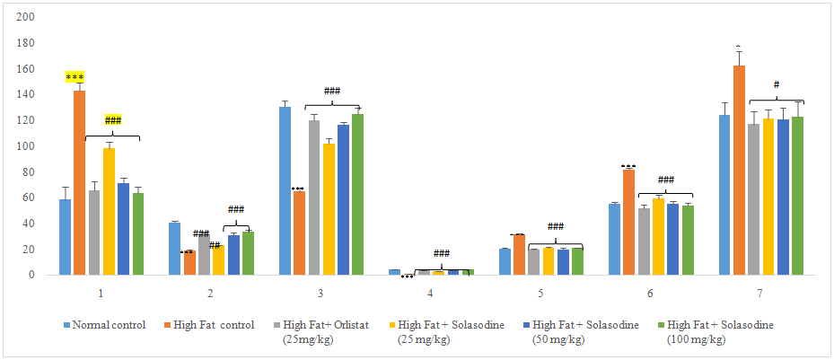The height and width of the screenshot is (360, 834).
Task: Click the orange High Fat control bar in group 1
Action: (80, 183)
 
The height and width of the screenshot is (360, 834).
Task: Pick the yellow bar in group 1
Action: (109, 212)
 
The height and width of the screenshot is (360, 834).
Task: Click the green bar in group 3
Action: (358, 194)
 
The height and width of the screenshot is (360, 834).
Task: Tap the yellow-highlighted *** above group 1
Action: (75, 77)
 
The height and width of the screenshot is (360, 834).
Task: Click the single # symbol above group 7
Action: (777, 85)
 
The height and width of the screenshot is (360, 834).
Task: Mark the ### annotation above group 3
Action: (332, 91)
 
